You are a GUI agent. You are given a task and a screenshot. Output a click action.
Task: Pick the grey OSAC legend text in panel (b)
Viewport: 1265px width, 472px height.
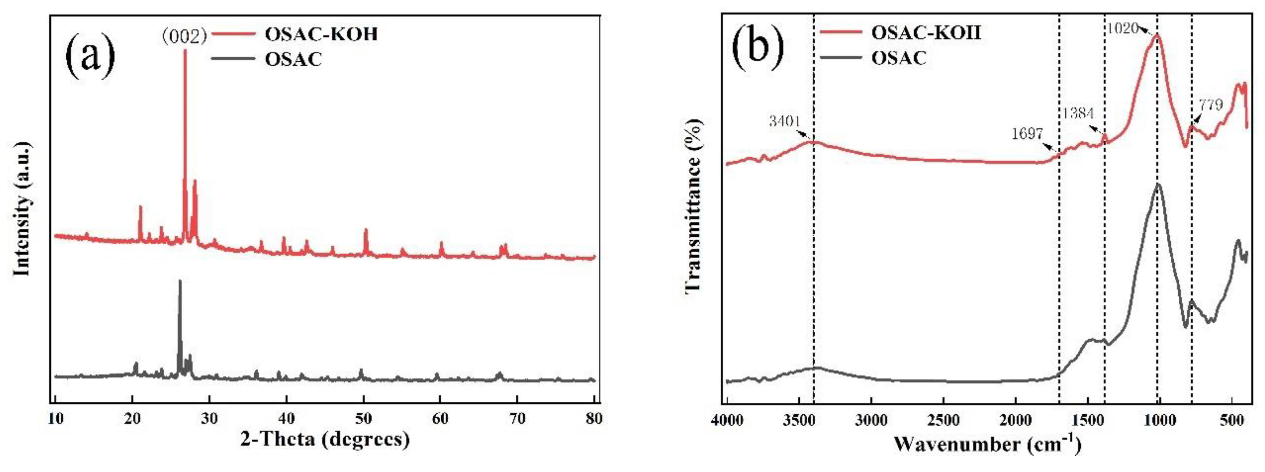[899, 58]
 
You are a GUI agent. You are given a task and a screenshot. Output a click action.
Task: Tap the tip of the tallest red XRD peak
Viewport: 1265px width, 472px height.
[185, 51]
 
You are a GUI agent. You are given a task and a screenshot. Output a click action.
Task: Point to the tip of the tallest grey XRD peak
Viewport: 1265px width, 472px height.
[180, 281]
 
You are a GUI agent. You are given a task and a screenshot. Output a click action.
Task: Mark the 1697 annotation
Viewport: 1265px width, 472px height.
[1027, 133]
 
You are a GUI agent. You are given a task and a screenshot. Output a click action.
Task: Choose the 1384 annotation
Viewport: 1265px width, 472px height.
[1078, 113]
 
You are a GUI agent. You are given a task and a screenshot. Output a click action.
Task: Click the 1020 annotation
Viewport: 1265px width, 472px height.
[1122, 28]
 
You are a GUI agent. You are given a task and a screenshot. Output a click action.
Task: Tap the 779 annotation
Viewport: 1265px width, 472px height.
[1211, 104]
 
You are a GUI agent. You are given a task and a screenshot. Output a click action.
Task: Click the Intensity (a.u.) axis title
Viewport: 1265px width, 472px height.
[22, 208]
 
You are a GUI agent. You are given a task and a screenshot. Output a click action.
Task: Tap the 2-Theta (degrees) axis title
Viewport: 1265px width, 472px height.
[325, 439]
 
